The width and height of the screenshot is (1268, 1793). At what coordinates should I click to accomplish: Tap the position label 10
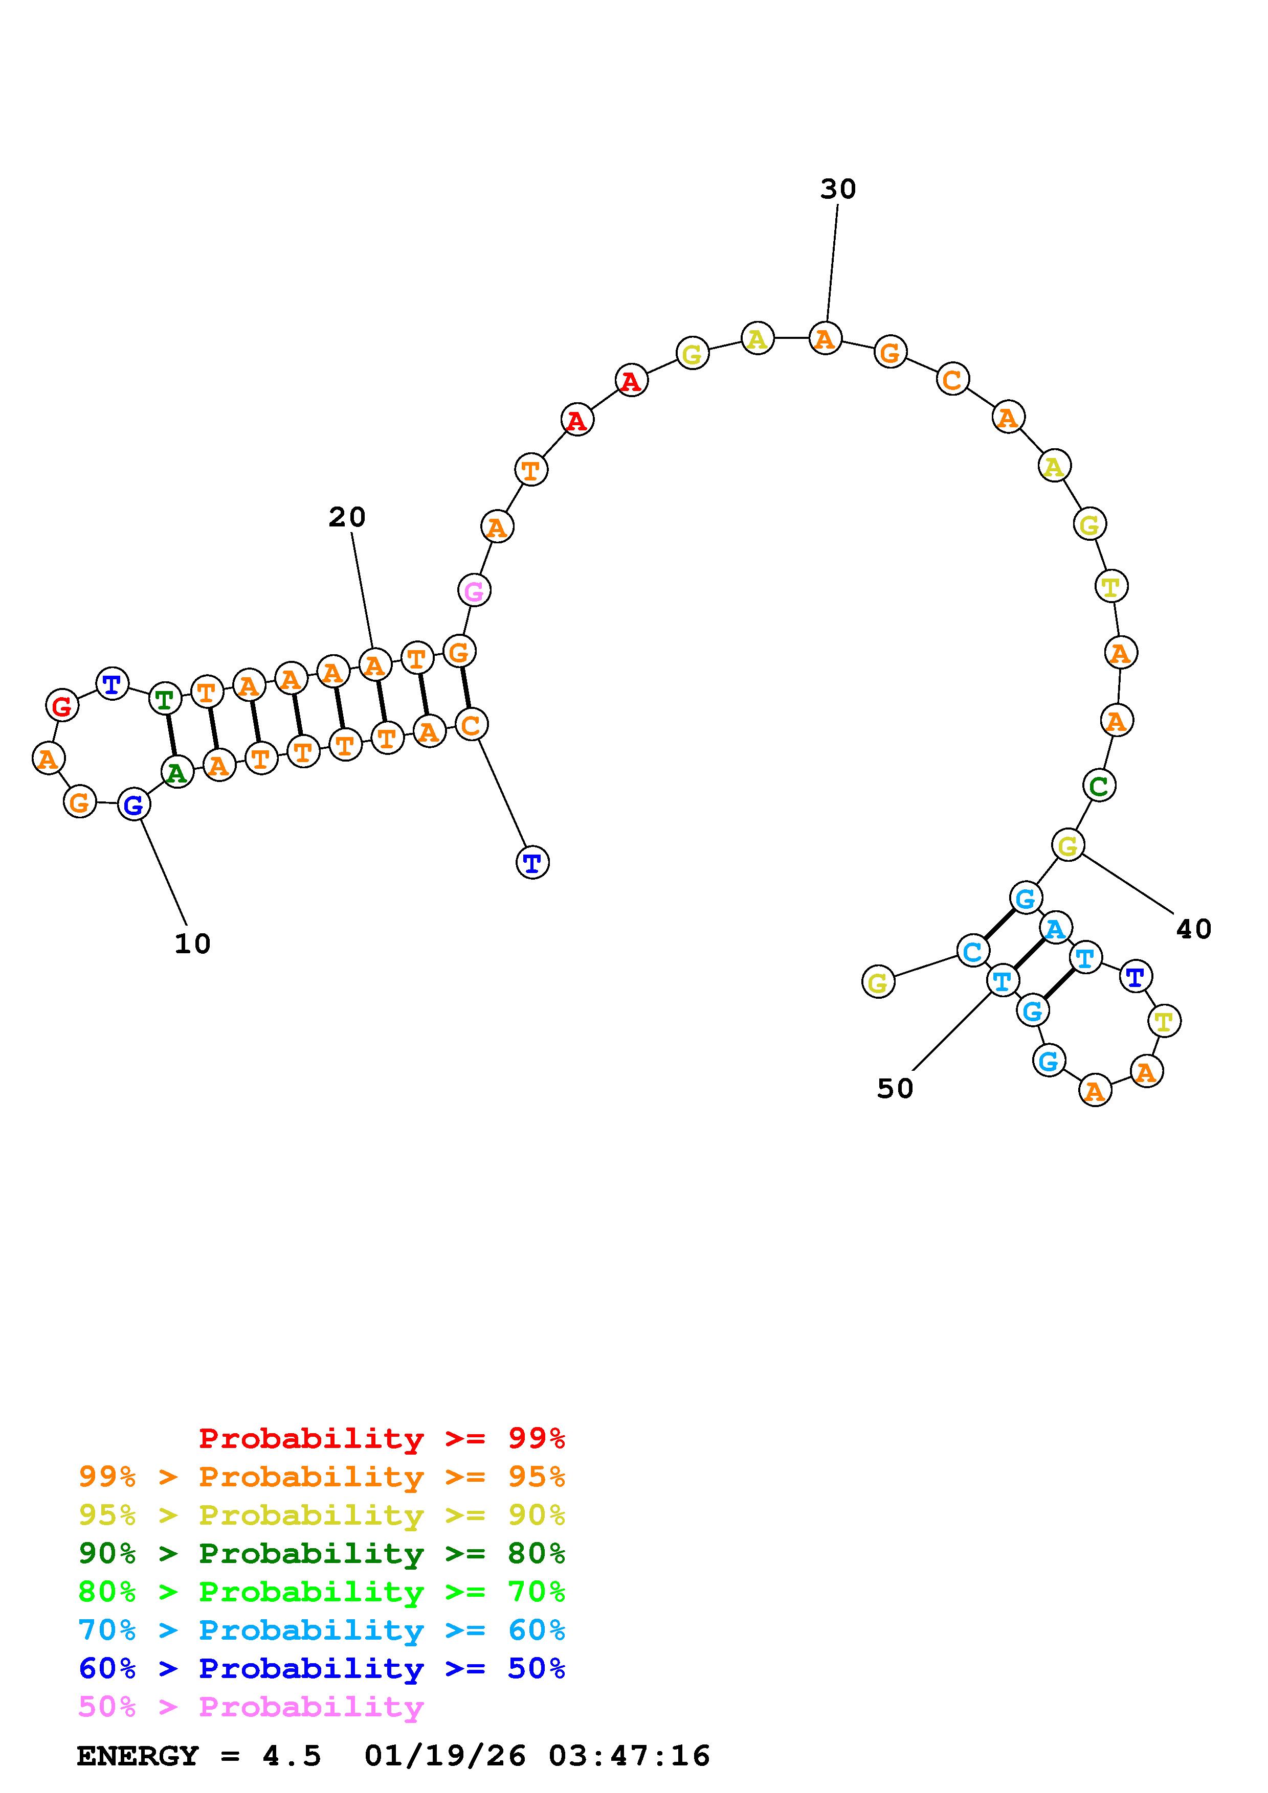pyautogui.click(x=192, y=944)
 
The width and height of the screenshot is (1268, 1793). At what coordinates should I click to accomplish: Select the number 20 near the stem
pyautogui.click(x=347, y=517)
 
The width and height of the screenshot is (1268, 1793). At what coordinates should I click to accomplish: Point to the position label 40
pyautogui.click(x=1193, y=929)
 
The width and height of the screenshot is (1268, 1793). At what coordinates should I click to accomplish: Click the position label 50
pyautogui.click(x=895, y=1089)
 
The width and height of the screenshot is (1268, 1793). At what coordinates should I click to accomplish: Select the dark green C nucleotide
pyautogui.click(x=1099, y=786)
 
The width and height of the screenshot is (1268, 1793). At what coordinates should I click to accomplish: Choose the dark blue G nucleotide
pyautogui.click(x=134, y=805)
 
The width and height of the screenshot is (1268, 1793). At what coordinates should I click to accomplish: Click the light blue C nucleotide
pyautogui.click(x=973, y=952)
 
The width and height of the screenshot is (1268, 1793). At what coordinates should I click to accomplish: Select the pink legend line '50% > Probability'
pyautogui.click(x=251, y=1707)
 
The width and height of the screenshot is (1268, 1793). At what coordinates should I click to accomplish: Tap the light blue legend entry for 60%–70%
pyautogui.click(x=321, y=1630)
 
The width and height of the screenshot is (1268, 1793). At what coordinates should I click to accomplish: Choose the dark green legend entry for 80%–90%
pyautogui.click(x=321, y=1554)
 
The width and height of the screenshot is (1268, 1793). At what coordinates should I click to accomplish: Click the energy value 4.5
pyautogui.click(x=292, y=1756)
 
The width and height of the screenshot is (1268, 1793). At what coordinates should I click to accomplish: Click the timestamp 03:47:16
pyautogui.click(x=629, y=1756)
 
